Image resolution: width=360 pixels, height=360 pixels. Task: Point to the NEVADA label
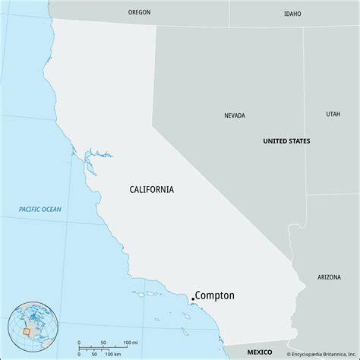coord(235,116)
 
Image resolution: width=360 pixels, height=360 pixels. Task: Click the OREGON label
coord(139,13)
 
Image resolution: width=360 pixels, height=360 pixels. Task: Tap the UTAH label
coord(333,114)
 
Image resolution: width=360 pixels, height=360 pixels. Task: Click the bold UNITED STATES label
coord(286,141)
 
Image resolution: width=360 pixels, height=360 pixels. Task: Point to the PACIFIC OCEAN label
coord(40,210)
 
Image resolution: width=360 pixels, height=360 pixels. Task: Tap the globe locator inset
coord(32,326)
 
